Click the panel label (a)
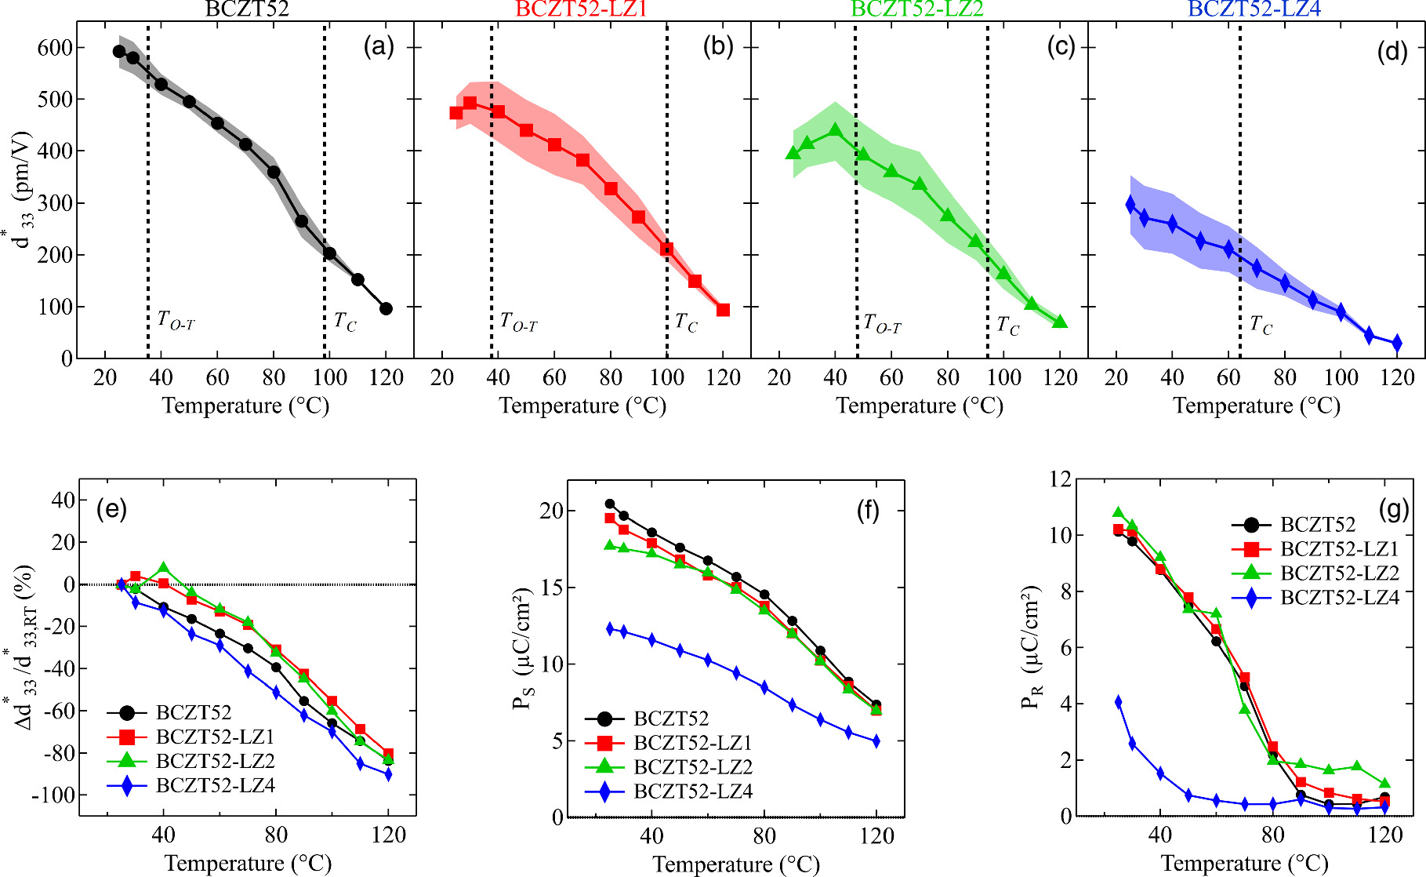pyautogui.click(x=379, y=47)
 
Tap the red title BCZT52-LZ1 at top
pyautogui.click(x=581, y=9)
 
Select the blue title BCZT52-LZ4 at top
pyautogui.click(x=1254, y=9)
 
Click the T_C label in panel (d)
pyautogui.click(x=1261, y=325)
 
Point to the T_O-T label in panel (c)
pyautogui.click(x=882, y=323)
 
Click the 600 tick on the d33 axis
pyautogui.click(x=55, y=48)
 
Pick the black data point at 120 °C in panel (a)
pyautogui.click(x=386, y=308)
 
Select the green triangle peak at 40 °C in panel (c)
pyautogui.click(x=836, y=130)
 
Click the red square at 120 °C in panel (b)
pyautogui.click(x=723, y=310)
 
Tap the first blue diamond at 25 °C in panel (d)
pyautogui.click(x=1130, y=204)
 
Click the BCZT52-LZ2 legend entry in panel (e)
pyautogui.click(x=215, y=761)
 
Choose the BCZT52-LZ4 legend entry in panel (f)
pyautogui.click(x=692, y=791)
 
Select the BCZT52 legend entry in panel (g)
pyautogui.click(x=1317, y=525)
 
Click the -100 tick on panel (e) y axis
pyautogui.click(x=53, y=795)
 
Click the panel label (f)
pyautogui.click(x=868, y=511)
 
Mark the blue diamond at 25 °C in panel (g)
pyautogui.click(x=1119, y=702)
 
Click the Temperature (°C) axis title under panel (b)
pyautogui.click(x=582, y=406)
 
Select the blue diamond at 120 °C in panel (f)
pyautogui.click(x=876, y=741)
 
